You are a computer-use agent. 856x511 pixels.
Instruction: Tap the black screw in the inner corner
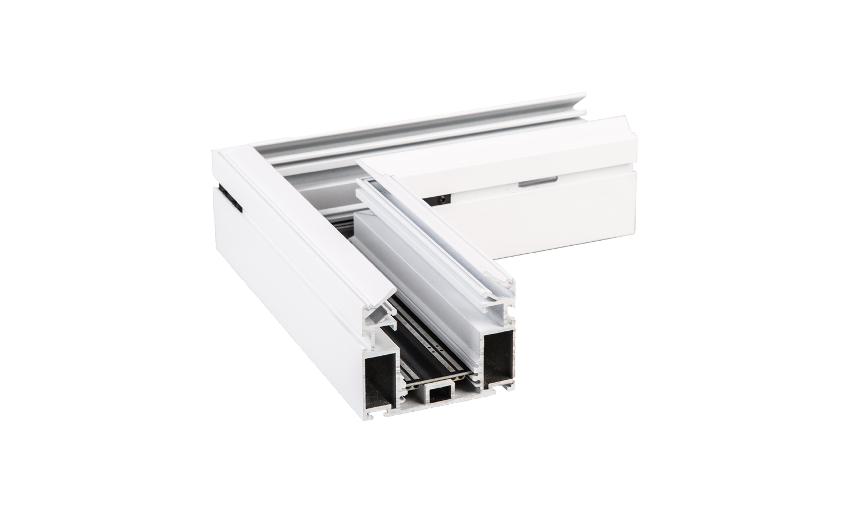tap(443, 199)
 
